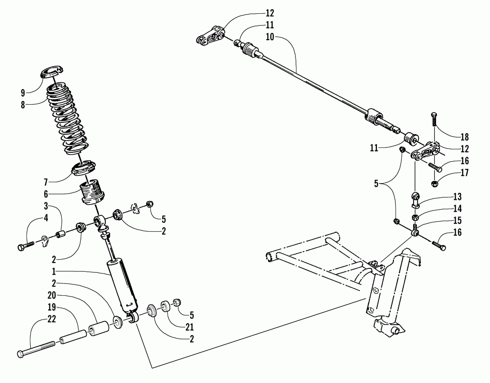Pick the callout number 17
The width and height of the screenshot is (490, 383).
click(464, 173)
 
